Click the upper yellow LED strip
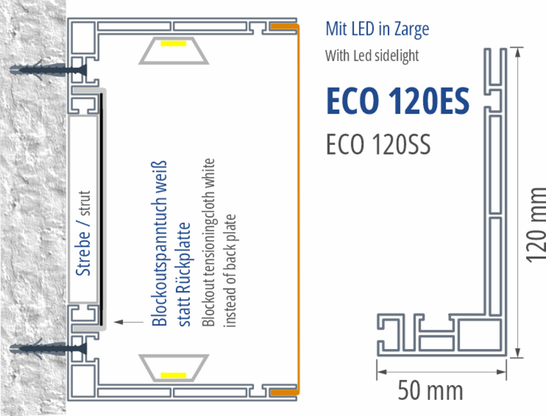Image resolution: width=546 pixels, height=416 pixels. [173, 43]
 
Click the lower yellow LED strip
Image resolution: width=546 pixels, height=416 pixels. [173, 375]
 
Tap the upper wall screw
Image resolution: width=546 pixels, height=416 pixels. [49, 70]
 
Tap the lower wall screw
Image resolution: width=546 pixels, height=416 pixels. [49, 348]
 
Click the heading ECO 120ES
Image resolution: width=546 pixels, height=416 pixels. [398, 101]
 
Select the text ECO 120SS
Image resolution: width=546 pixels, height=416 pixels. [378, 144]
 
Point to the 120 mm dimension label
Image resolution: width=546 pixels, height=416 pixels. [536, 225]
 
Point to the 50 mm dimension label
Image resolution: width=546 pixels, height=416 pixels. [430, 391]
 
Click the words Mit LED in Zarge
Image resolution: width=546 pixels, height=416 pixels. [377, 29]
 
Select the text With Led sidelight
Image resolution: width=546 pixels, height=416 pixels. [372, 55]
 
